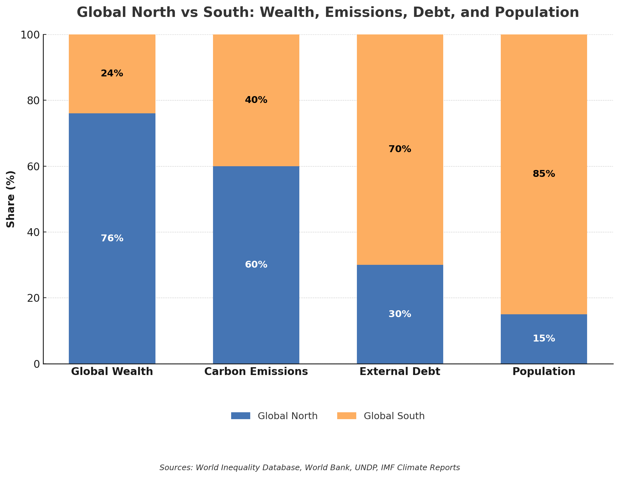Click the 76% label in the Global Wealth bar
click(112, 239)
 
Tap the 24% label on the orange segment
click(112, 74)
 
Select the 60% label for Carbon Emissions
click(256, 265)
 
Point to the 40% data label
click(256, 100)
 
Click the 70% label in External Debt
click(400, 149)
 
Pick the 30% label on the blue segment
click(400, 314)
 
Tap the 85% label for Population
click(544, 174)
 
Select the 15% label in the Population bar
click(544, 339)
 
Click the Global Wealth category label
click(112, 372)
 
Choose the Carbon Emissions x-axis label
click(256, 372)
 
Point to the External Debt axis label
click(400, 372)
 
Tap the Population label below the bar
click(544, 372)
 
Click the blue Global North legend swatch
click(241, 416)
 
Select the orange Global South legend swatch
click(347, 416)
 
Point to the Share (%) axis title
click(11, 199)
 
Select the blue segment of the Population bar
click(544, 351)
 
